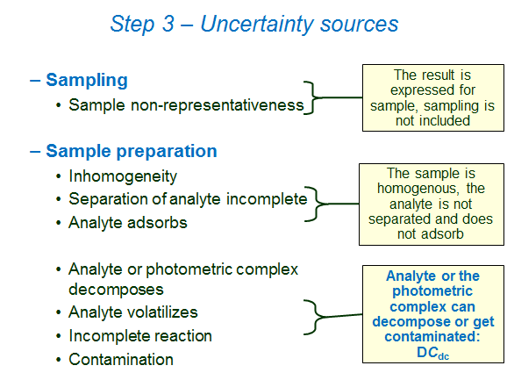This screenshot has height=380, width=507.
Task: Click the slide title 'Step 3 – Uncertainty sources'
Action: pos(253,24)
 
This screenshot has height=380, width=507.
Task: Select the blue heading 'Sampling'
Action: pos(86,81)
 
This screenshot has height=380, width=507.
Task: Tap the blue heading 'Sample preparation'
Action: pos(132,151)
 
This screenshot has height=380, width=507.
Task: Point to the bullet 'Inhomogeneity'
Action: pos(123,176)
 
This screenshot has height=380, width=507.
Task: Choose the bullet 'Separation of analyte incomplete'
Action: pos(188,199)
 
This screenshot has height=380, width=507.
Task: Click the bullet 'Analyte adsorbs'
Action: pos(128,222)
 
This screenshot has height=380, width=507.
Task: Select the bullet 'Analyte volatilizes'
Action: pos(133,312)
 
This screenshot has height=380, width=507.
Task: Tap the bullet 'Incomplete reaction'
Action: pos(140,335)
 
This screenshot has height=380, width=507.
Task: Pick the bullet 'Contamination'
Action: pos(121,359)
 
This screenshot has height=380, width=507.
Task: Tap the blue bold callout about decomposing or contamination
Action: pos(433,314)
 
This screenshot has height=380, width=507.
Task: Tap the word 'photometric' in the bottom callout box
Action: pos(433,291)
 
